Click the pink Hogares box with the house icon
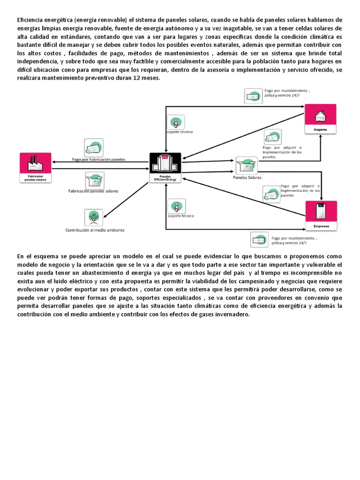coord(321,119)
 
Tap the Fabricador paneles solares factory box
coord(36,168)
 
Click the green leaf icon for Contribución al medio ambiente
coord(94,218)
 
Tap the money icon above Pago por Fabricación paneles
coord(94,148)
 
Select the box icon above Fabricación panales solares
coord(94,180)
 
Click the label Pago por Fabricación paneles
coord(98,159)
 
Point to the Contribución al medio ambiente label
coord(95,230)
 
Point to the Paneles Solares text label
coord(247,178)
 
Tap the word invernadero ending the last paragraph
coord(232,314)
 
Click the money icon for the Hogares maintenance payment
coord(253,96)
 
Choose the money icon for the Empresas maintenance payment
coord(260,240)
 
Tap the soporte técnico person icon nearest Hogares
coord(175,123)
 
